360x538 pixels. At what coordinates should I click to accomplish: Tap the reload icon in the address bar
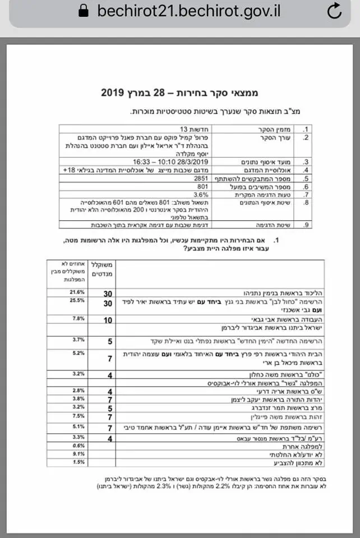335,11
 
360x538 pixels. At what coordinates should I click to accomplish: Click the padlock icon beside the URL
84,11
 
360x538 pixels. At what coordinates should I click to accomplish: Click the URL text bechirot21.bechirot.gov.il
188,11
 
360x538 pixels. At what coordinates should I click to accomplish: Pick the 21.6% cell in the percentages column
76,293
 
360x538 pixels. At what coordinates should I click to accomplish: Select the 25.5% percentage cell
76,301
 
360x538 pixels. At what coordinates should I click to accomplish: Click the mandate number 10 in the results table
108,319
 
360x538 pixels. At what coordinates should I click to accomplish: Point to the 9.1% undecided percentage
77,454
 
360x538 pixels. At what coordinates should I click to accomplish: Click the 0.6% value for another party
77,446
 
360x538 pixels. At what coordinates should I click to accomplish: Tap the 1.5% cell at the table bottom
77,462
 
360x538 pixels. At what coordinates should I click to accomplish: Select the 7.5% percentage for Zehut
77,417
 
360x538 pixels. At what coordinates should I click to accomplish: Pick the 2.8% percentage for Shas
77,390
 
